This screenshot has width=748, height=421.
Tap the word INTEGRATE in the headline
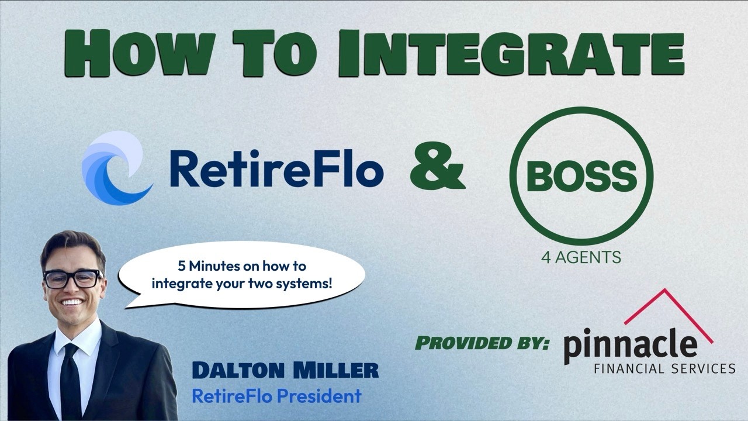pos(511,53)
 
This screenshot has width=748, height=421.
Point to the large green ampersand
pos(438,169)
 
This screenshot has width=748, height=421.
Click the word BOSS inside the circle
pos(581,176)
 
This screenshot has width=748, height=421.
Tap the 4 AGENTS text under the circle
pos(581,257)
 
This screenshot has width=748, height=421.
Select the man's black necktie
pos(71,381)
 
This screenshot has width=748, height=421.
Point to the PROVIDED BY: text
pos(482,343)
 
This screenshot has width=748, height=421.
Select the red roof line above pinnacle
pos(669,316)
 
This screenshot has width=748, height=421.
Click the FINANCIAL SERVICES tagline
pos(665,369)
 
